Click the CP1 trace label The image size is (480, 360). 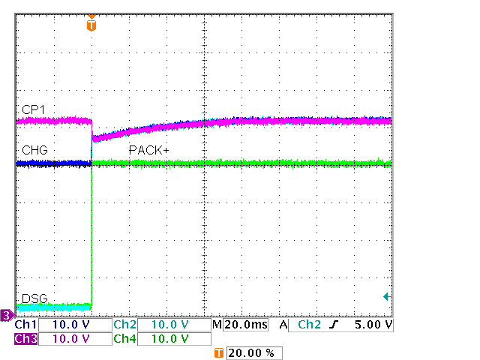[33, 110]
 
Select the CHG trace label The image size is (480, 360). [34, 150]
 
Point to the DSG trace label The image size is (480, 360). [34, 298]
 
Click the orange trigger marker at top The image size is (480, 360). [91, 25]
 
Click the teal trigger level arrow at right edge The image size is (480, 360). [387, 297]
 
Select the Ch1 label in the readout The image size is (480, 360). [25, 325]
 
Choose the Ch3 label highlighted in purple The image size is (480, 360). [25, 339]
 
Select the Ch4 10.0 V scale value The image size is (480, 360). [171, 339]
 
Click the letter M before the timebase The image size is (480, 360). [217, 325]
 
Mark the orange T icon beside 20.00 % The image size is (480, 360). [219, 352]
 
